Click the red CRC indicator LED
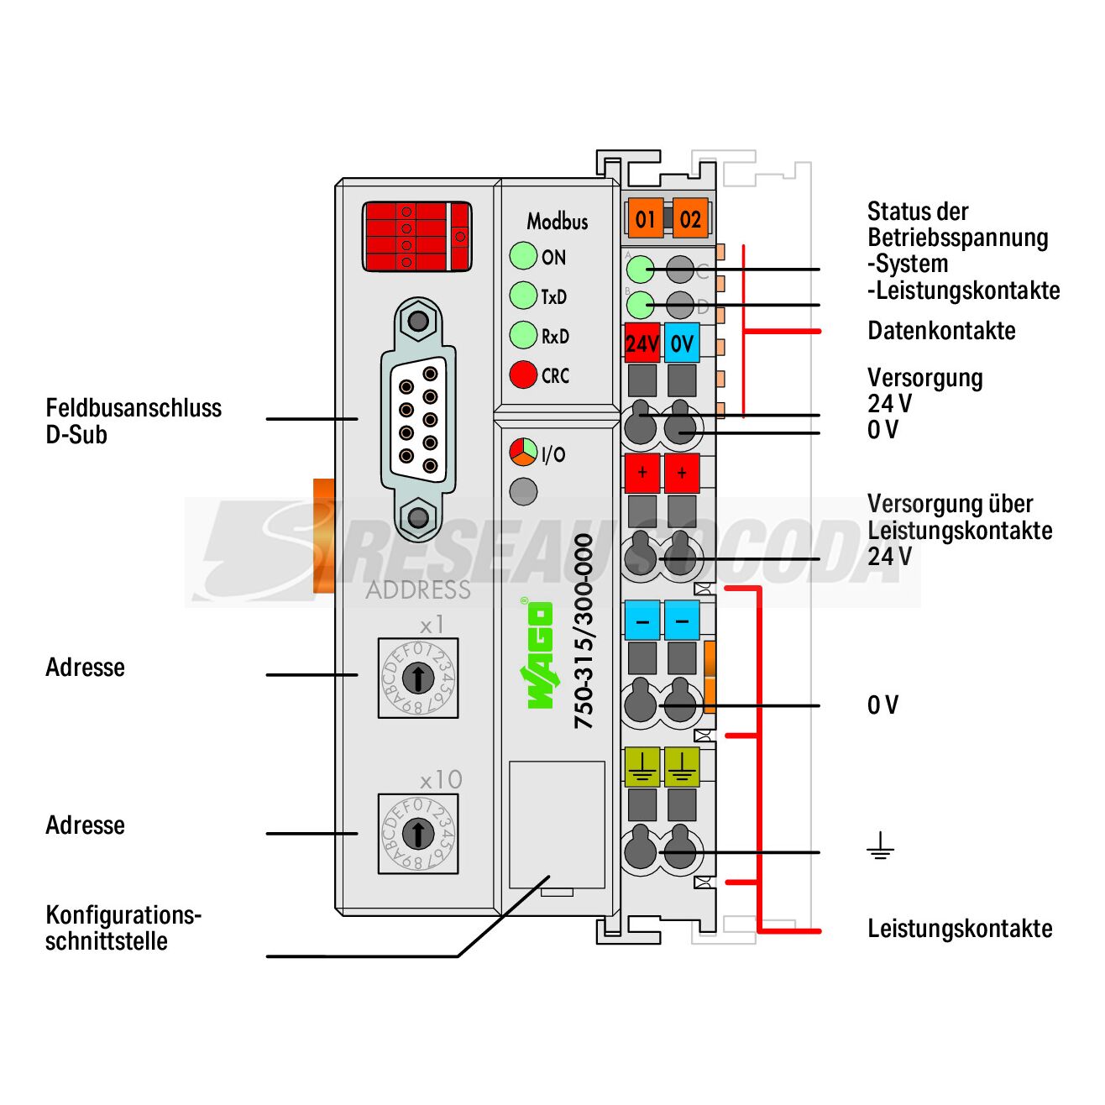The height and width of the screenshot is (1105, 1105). [x=523, y=374]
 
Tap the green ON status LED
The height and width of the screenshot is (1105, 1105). [x=523, y=256]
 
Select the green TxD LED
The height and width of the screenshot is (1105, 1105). [x=523, y=296]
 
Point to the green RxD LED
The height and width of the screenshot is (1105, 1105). [x=523, y=335]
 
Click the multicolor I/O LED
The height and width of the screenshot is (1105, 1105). [x=523, y=453]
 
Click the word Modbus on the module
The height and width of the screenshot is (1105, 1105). [x=557, y=222]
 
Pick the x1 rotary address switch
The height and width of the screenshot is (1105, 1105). [x=417, y=677]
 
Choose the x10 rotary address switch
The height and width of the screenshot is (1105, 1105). [x=417, y=834]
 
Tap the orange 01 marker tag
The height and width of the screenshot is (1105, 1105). [x=645, y=219]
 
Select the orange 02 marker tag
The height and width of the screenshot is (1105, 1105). [x=690, y=219]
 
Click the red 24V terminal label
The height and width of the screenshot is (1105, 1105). [x=642, y=343]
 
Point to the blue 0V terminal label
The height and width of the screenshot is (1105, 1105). [x=682, y=343]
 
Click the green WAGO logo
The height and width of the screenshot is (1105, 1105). [x=539, y=655]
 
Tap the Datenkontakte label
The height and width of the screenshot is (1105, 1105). [x=941, y=331]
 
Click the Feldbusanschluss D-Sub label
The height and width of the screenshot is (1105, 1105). [x=134, y=422]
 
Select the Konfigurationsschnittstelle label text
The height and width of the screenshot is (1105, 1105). [x=123, y=928]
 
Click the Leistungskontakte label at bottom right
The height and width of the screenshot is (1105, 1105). [x=960, y=929]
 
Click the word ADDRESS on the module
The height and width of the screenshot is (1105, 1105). [x=418, y=589]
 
